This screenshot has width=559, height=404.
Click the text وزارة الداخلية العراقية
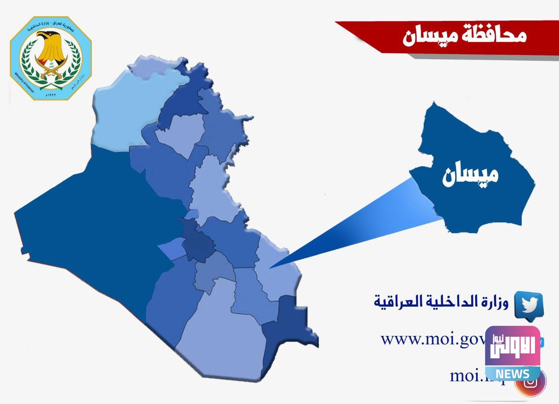pyautogui.click(x=442, y=301)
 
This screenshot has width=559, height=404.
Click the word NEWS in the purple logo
pyautogui.click(x=512, y=373)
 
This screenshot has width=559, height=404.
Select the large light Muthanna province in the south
pyautogui.click(x=223, y=336)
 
